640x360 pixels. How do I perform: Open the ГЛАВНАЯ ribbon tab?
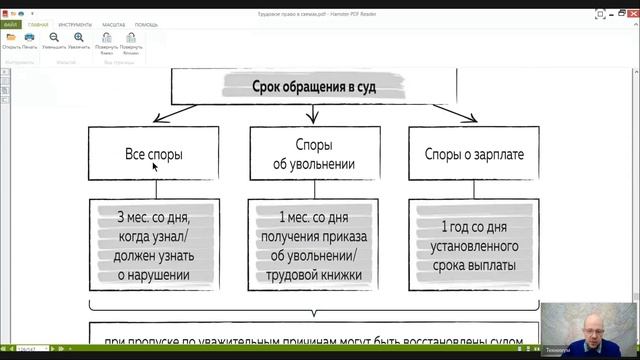click(x=38, y=23)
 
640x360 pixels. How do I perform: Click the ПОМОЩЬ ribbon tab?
click(x=147, y=23)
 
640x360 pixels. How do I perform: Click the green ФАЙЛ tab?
click(x=11, y=23)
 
